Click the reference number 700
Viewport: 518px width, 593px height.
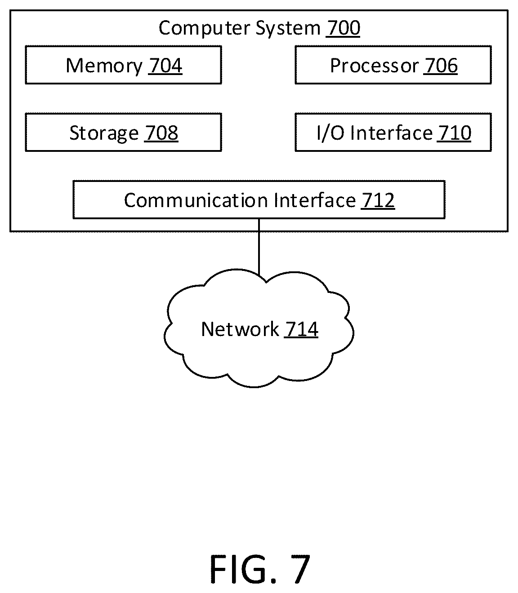coord(343,28)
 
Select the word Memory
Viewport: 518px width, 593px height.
coord(104,66)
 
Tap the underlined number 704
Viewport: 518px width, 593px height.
coord(165,66)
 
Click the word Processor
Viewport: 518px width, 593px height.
coord(374,66)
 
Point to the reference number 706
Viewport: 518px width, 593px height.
coord(440,66)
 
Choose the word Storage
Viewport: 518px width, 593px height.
coord(104,133)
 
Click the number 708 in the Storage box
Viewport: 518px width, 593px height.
coord(161,133)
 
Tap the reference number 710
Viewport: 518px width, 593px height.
coord(454,133)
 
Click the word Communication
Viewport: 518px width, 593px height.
coord(196,200)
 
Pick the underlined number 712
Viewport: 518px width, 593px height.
coord(378,200)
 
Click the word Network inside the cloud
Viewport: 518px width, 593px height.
coord(240,329)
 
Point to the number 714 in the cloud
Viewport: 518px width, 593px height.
coord(301,329)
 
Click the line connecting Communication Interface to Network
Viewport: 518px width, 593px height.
coord(259,247)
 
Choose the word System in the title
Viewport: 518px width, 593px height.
coord(288,29)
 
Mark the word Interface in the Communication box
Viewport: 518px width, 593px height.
coord(315,200)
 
